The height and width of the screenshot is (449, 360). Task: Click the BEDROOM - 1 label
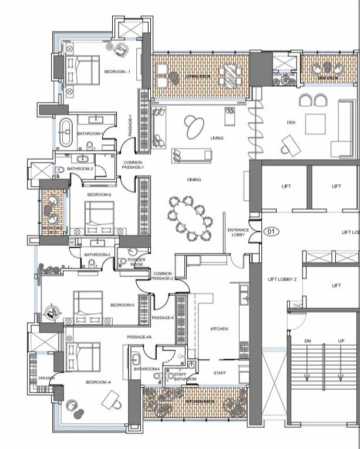coord(117,72)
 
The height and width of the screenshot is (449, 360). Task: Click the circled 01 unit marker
coord(271,231)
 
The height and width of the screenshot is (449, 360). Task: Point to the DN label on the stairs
coord(307,341)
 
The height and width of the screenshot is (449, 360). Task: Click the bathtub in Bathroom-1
coord(65,132)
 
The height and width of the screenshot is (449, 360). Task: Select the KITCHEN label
coord(219,329)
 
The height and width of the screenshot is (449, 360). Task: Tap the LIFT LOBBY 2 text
coord(282,279)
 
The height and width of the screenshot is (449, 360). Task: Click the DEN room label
coord(291,123)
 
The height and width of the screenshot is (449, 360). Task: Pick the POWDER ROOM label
coord(136,262)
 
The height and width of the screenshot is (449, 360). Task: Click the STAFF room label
coord(219,373)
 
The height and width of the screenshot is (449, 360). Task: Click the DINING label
coord(193,180)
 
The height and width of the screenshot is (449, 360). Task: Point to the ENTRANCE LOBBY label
coord(238,232)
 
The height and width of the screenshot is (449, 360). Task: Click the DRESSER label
coord(46,379)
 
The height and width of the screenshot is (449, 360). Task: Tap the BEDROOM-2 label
coord(99,194)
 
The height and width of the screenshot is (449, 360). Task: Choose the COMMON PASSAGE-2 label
coord(162,276)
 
